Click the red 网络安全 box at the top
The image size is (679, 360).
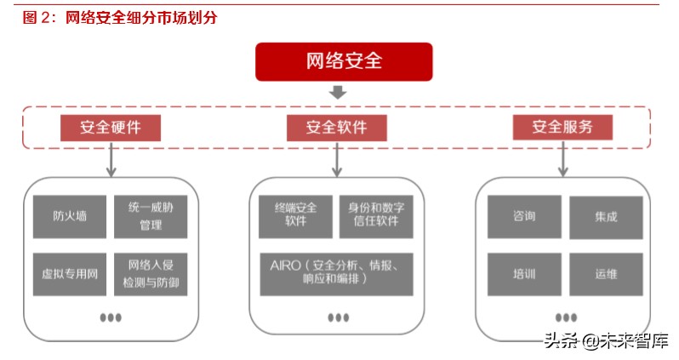[x=344, y=62]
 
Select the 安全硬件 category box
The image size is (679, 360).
[x=111, y=128]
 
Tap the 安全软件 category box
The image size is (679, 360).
[x=337, y=128]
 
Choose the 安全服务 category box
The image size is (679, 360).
[x=562, y=127]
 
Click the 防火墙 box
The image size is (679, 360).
[x=69, y=216]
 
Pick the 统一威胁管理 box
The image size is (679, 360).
[x=150, y=216]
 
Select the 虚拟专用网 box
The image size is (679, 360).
[x=69, y=273]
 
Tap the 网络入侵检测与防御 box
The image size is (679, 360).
[x=150, y=273]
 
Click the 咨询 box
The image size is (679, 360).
[x=524, y=216]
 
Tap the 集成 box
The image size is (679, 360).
[x=606, y=216]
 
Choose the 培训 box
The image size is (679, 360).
[x=524, y=273]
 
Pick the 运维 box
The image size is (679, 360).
[x=606, y=273]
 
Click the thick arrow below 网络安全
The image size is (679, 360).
[x=338, y=92]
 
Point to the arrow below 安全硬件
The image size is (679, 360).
[x=111, y=159]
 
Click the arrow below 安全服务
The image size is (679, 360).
[x=563, y=159]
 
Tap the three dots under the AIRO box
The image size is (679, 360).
[x=338, y=317]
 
